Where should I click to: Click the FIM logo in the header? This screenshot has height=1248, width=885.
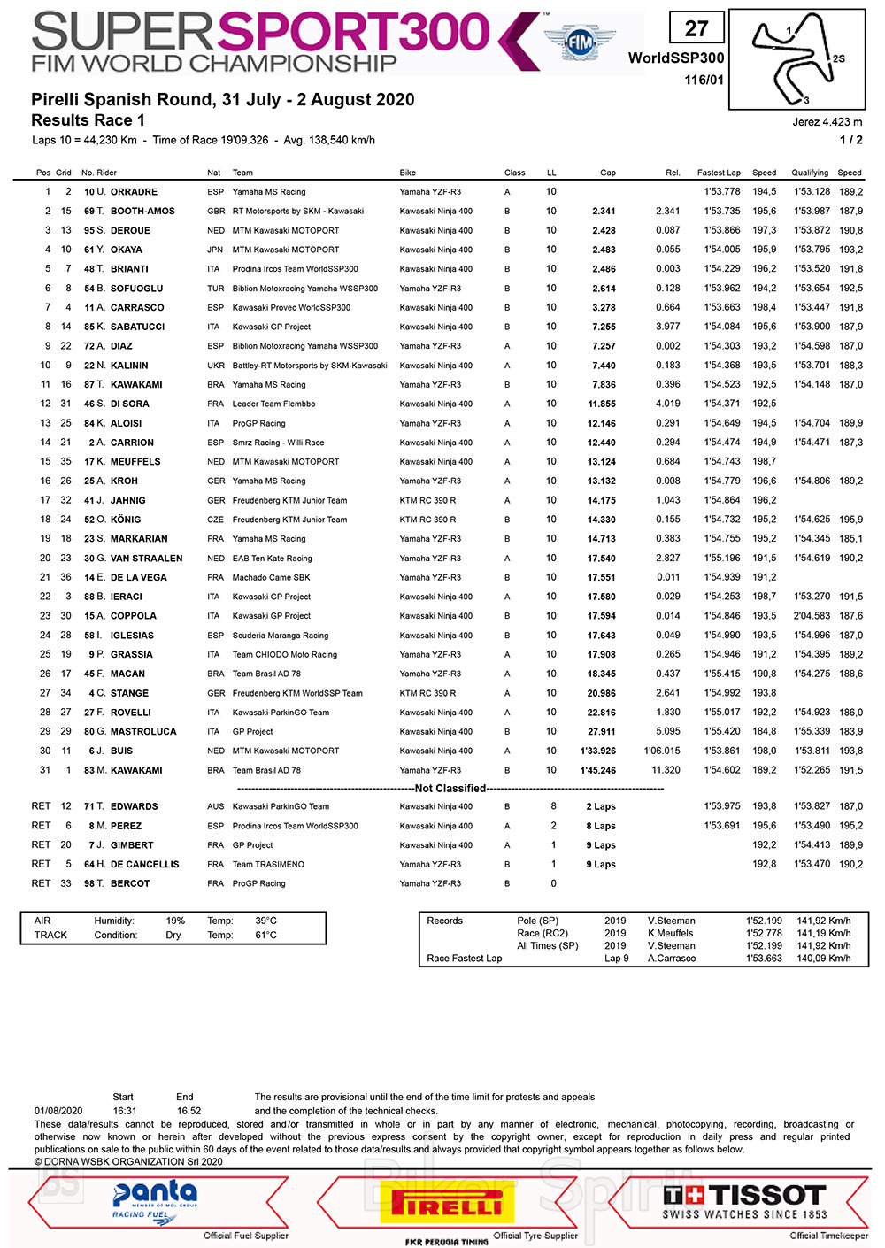tap(580, 42)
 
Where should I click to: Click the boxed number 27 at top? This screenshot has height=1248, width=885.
tap(696, 29)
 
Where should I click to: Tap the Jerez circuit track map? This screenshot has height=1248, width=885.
tap(796, 60)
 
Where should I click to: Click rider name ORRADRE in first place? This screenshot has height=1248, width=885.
tap(134, 192)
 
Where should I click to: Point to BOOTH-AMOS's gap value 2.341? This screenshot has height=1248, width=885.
tap(604, 212)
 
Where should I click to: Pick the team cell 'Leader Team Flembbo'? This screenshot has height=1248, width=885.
tap(273, 404)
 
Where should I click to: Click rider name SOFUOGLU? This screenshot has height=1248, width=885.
tap(136, 289)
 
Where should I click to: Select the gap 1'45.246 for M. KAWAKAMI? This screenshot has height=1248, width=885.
tap(597, 771)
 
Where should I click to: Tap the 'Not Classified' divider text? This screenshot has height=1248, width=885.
tap(450, 789)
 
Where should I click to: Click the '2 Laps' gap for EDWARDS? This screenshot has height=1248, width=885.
tap(601, 807)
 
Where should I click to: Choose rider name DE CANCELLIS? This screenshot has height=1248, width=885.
tap(144, 865)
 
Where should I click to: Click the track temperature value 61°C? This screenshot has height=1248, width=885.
tap(265, 936)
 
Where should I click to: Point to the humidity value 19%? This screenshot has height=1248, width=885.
tap(175, 921)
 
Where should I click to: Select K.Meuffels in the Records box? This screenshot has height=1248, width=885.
tap(670, 934)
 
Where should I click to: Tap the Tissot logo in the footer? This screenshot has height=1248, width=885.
tap(744, 1202)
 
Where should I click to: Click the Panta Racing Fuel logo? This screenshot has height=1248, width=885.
tap(155, 1202)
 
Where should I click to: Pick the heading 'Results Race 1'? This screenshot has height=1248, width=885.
tap(88, 120)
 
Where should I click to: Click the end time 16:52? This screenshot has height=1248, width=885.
tap(189, 1111)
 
